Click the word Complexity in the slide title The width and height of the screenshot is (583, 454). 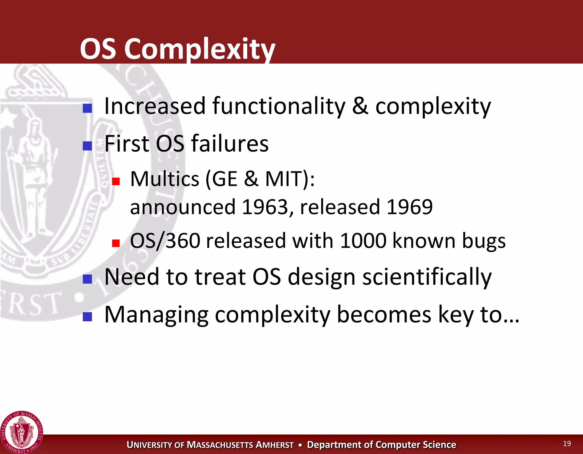pyautogui.click(x=199, y=49)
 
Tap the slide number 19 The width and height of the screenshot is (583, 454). pyautogui.click(x=567, y=443)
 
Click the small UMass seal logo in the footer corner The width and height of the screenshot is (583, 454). pyautogui.click(x=21, y=432)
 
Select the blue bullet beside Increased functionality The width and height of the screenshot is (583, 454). pyautogui.click(x=87, y=108)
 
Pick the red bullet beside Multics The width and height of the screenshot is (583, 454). pyautogui.click(x=116, y=181)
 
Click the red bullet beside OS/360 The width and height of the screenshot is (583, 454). pyautogui.click(x=116, y=243)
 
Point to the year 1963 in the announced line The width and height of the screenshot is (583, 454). pyautogui.click(x=265, y=207)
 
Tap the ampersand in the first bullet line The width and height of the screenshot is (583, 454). pyautogui.click(x=360, y=106)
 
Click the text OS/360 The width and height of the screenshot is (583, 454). pyautogui.click(x=165, y=241)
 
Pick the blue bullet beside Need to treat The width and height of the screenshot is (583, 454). pyautogui.click(x=87, y=279)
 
